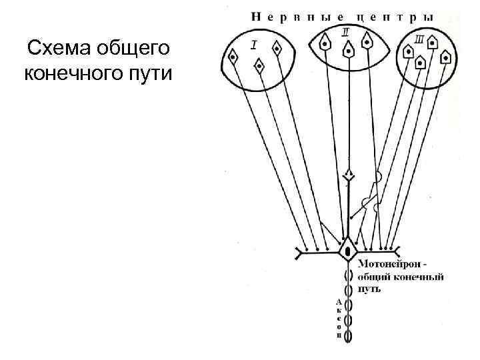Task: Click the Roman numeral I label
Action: (255, 44)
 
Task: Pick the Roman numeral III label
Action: (419, 41)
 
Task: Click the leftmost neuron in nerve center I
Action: (233, 57)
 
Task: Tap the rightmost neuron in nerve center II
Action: (366, 41)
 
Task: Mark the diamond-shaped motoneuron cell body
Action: (348, 251)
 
